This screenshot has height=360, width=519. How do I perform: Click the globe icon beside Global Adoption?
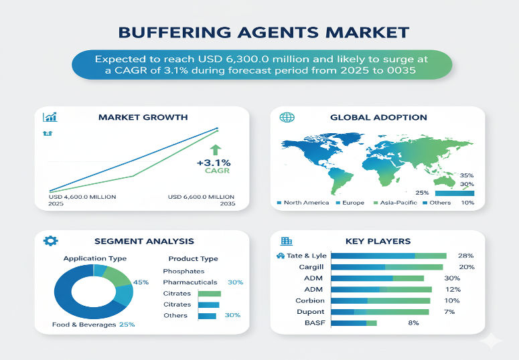pyautogui.click(x=287, y=117)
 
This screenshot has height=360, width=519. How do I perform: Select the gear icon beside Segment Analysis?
pyautogui.click(x=48, y=241)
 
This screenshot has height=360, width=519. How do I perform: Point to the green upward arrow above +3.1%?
pyautogui.click(x=214, y=151)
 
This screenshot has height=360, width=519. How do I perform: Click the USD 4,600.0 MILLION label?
pyautogui.click(x=82, y=196)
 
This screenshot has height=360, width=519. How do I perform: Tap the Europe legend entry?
pyautogui.click(x=353, y=203)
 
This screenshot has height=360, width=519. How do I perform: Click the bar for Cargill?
pyautogui.click(x=387, y=267)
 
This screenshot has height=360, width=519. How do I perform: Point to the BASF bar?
pyautogui.click(x=354, y=323)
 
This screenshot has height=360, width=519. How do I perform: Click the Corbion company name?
pyautogui.click(x=310, y=300)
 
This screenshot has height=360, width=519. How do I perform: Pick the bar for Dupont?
pyautogui.click(x=380, y=312)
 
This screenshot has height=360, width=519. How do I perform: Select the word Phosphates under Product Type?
pyautogui.click(x=183, y=271)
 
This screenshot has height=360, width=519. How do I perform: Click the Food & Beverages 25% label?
pyautogui.click(x=94, y=325)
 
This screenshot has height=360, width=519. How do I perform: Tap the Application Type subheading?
pyautogui.click(x=94, y=258)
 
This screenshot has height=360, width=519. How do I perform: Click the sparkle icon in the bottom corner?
pyautogui.click(x=491, y=341)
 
